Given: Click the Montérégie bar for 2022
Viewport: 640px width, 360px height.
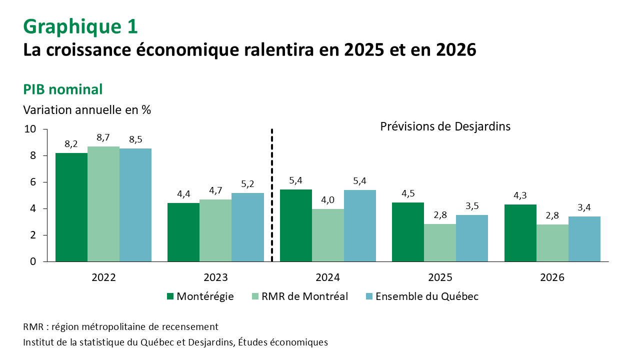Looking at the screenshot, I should (71, 207).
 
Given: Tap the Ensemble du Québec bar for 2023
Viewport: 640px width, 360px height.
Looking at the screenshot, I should (247, 227).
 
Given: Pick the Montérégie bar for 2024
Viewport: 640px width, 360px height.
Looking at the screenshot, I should (295, 225).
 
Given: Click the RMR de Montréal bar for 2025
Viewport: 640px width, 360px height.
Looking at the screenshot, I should (440, 242).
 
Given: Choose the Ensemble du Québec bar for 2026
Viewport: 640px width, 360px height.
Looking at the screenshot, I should (584, 239).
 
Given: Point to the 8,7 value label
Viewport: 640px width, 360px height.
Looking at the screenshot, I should (103, 137).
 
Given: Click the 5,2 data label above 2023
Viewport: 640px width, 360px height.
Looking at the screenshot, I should (247, 183).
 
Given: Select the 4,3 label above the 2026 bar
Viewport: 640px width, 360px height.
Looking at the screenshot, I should (520, 195).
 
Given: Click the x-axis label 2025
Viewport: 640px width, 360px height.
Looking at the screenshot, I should (440, 278).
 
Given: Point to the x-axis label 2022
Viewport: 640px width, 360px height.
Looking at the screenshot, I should (103, 278).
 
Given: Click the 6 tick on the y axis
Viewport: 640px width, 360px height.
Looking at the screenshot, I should (33, 182).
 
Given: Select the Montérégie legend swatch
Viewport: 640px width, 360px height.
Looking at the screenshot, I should (170, 296).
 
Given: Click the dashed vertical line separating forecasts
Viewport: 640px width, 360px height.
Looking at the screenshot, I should (272, 195).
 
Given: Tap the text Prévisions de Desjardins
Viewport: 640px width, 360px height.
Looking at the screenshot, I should (445, 126).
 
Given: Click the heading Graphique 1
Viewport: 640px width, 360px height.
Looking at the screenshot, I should (80, 26).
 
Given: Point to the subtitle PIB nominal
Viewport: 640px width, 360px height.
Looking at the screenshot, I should (63, 89).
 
